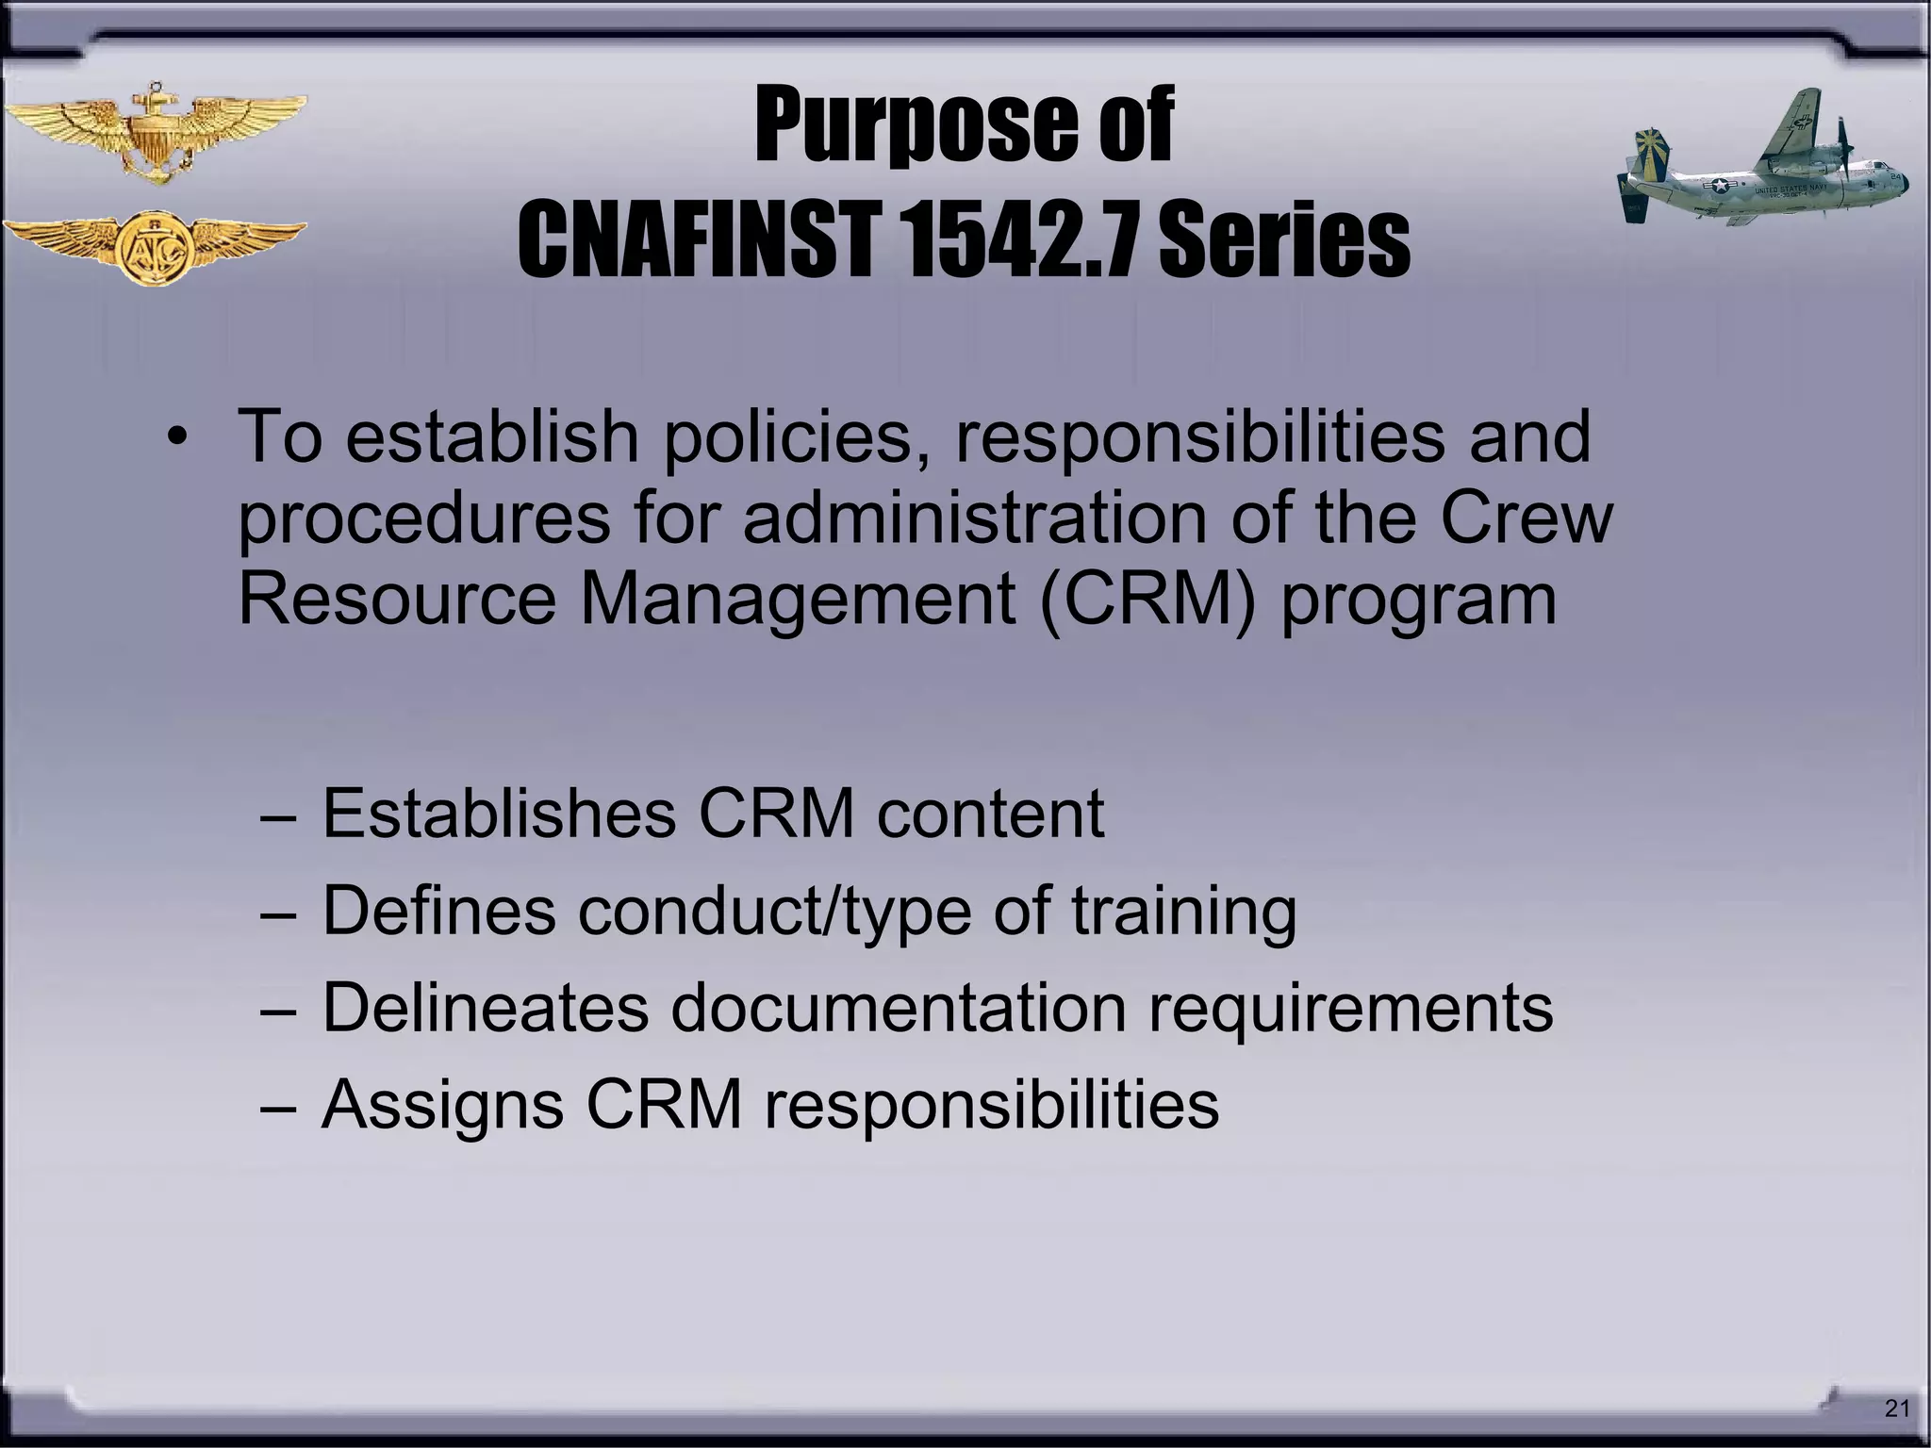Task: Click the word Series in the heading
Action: pos(1283,240)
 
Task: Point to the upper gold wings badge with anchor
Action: pos(154,132)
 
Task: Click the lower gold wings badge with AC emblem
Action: pos(154,247)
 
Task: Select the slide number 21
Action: pos(1896,1408)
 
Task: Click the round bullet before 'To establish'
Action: pos(178,438)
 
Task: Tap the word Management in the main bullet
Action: pos(797,601)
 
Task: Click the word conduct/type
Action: pos(774,913)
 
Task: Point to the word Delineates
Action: pos(485,1007)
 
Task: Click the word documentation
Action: pos(899,1007)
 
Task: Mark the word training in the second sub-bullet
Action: pos(1184,913)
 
